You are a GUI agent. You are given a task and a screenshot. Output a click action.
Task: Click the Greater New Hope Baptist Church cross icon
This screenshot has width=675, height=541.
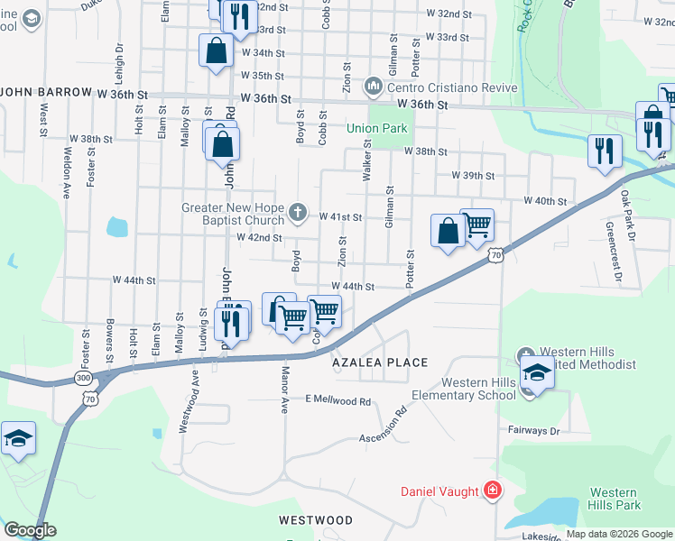299,214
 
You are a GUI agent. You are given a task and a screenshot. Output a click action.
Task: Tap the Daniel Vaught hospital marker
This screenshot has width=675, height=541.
493,491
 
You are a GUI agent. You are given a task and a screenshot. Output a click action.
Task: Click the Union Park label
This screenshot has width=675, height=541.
377,129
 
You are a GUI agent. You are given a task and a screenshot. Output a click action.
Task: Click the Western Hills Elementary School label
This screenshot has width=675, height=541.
464,389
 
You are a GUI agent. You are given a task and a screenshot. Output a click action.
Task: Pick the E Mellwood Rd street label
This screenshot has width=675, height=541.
338,399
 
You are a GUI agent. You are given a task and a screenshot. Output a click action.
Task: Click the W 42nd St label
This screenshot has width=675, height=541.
260,238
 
